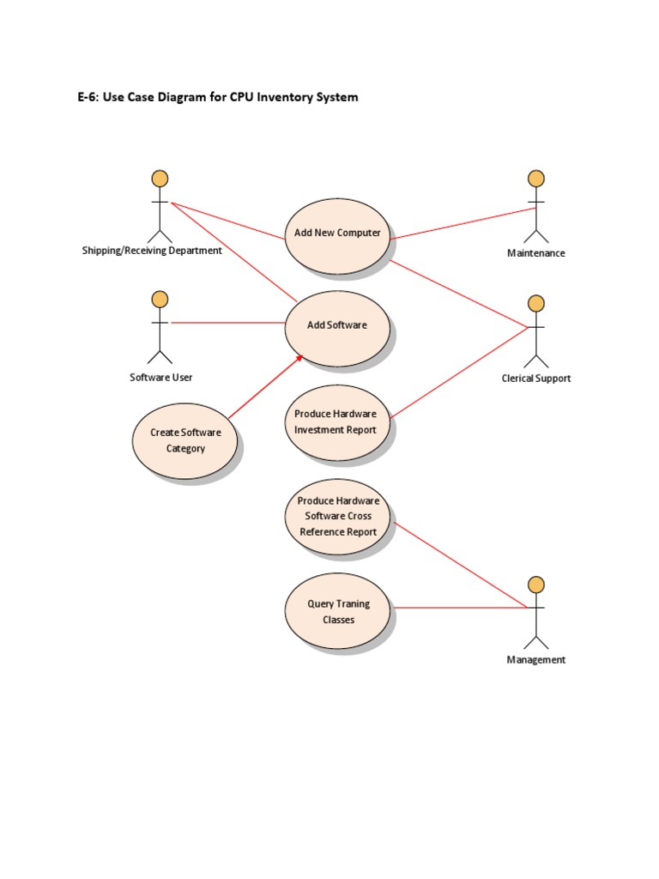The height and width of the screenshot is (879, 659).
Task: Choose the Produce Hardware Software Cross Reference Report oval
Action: pos(337,516)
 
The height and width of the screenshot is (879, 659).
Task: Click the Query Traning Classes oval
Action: pos(337,612)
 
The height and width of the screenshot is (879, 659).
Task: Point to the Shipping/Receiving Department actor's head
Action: pos(160,179)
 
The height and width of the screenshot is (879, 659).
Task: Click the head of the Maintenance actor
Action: pos(536,179)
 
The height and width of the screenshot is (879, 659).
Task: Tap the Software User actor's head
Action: pos(160,299)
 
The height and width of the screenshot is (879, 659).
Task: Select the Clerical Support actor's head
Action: pos(536,303)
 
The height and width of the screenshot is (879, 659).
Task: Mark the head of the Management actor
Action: pos(536,585)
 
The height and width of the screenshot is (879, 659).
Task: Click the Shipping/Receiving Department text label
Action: pos(152,251)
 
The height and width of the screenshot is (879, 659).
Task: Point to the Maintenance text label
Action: pos(536,253)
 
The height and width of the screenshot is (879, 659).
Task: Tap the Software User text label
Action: pos(160,378)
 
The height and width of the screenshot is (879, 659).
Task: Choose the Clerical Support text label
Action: pos(536,379)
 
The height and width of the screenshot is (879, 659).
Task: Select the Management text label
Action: pos(536,660)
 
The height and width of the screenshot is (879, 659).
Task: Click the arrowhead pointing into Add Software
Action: pos(299,357)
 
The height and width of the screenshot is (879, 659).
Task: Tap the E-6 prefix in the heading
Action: pos(88,98)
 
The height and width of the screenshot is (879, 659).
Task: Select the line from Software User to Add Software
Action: pos(227,323)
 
